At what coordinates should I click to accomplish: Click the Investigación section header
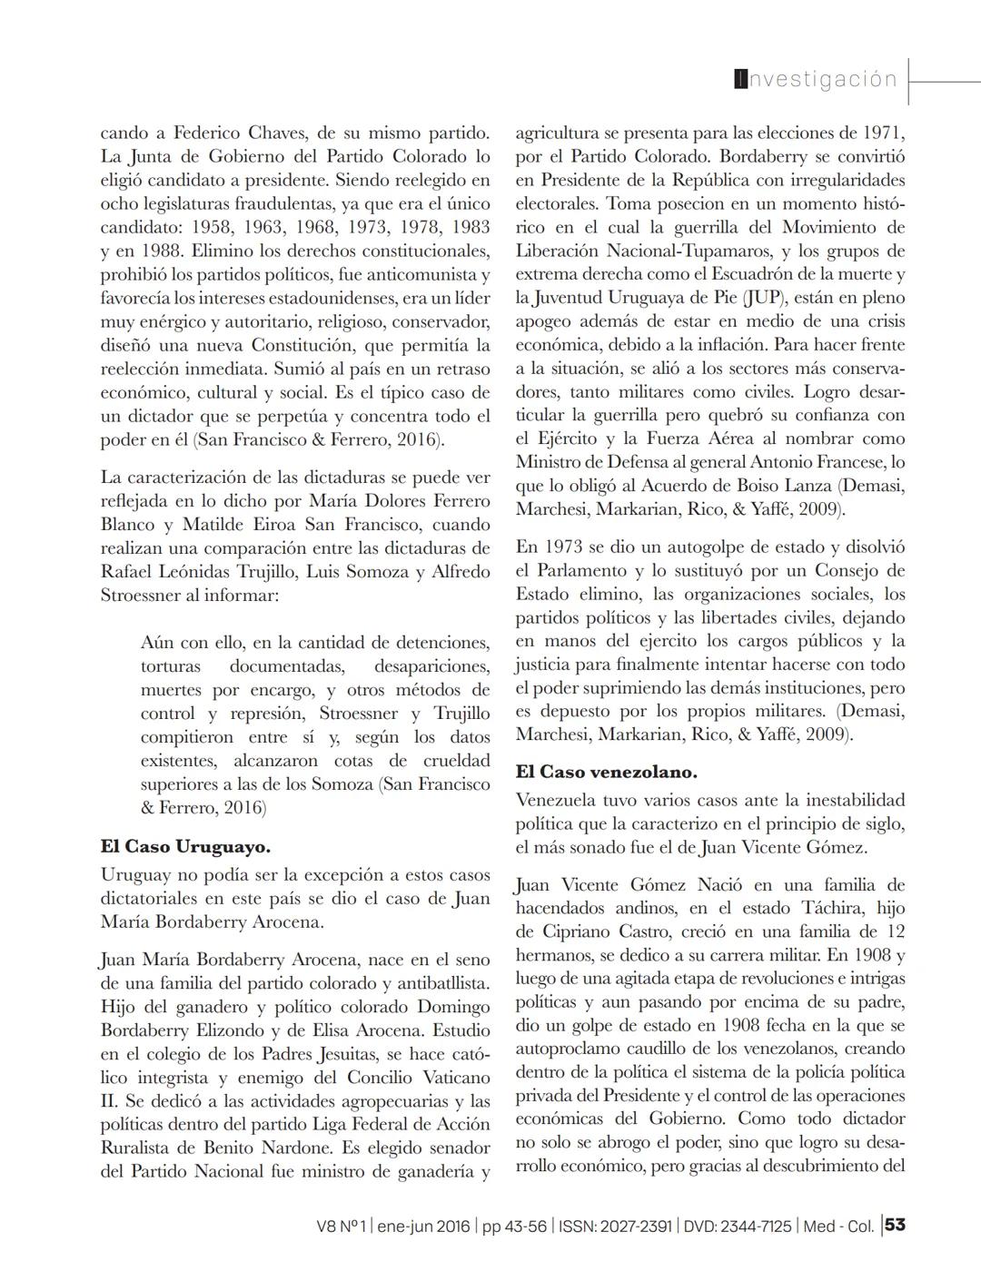point(816,79)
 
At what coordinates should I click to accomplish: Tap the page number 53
point(895,1225)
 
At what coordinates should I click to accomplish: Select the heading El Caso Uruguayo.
point(185,846)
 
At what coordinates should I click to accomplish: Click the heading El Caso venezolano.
point(606,772)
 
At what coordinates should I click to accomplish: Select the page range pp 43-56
point(514,1226)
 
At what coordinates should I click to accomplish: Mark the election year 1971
point(882,133)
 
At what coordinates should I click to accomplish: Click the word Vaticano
point(449,1078)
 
